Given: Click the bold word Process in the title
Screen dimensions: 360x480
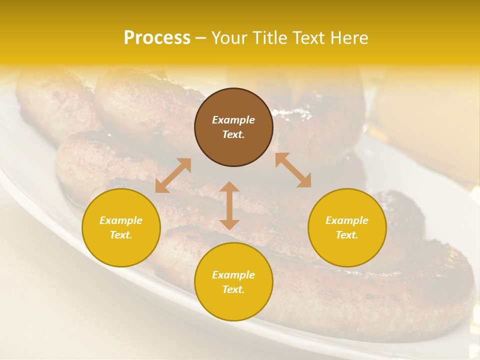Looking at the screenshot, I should (157, 38).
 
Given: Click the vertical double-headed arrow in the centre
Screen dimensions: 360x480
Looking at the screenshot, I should (229, 205).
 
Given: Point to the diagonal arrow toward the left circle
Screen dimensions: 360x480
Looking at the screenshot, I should (173, 175).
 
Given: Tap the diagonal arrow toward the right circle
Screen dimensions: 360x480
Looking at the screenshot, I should (293, 170).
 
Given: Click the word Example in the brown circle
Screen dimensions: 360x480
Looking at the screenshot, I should (233, 120).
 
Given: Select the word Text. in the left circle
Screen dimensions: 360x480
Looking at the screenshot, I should (121, 235).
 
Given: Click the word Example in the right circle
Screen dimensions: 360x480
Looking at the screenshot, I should (347, 220).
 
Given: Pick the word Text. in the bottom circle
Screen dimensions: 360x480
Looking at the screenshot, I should (233, 289).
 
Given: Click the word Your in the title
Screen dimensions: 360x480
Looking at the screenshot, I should (229, 38).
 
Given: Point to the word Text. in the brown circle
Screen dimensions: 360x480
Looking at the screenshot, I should (233, 134).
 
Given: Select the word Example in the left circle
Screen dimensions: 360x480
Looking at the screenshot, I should (121, 220).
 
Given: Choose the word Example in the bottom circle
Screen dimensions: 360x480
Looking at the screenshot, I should (233, 275).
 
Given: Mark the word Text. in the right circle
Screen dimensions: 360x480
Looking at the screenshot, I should (347, 235).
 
